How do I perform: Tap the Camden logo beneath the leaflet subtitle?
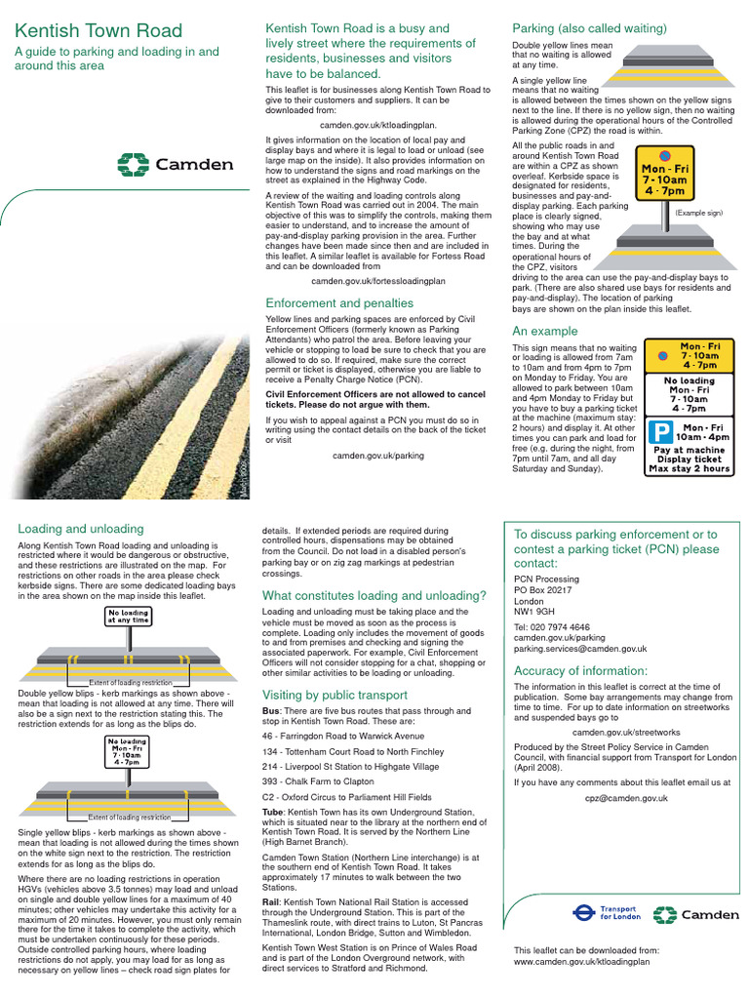(x=176, y=164)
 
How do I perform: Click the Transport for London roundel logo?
(x=583, y=914)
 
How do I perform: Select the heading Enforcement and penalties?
(x=339, y=303)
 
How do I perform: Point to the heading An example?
(x=545, y=331)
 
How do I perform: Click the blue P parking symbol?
(x=662, y=432)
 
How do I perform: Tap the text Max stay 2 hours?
(x=689, y=469)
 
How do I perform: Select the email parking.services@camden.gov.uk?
(x=580, y=649)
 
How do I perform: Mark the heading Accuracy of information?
(x=580, y=670)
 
